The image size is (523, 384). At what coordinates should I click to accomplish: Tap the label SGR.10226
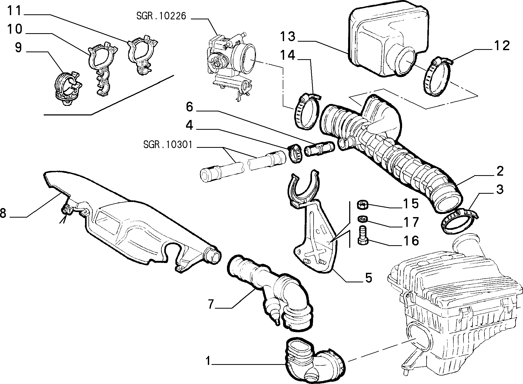coord(161,16)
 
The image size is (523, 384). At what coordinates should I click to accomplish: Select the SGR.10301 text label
coord(168,145)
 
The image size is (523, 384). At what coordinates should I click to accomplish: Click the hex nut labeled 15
coord(362,205)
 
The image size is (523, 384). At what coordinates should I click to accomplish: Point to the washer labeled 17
coord(362,219)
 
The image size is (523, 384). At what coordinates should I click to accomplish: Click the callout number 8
coord(3,213)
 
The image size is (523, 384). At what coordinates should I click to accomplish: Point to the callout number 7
coord(211,305)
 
